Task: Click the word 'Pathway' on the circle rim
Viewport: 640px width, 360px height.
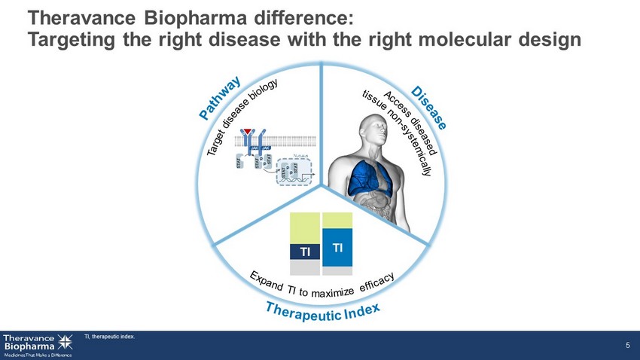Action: pos(220,98)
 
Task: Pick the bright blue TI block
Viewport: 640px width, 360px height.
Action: pos(337,248)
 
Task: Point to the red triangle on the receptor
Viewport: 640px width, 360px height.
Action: pos(245,135)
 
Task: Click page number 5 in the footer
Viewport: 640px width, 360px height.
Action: pos(627,345)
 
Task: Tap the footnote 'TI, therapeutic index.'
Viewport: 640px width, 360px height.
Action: pos(109,337)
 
